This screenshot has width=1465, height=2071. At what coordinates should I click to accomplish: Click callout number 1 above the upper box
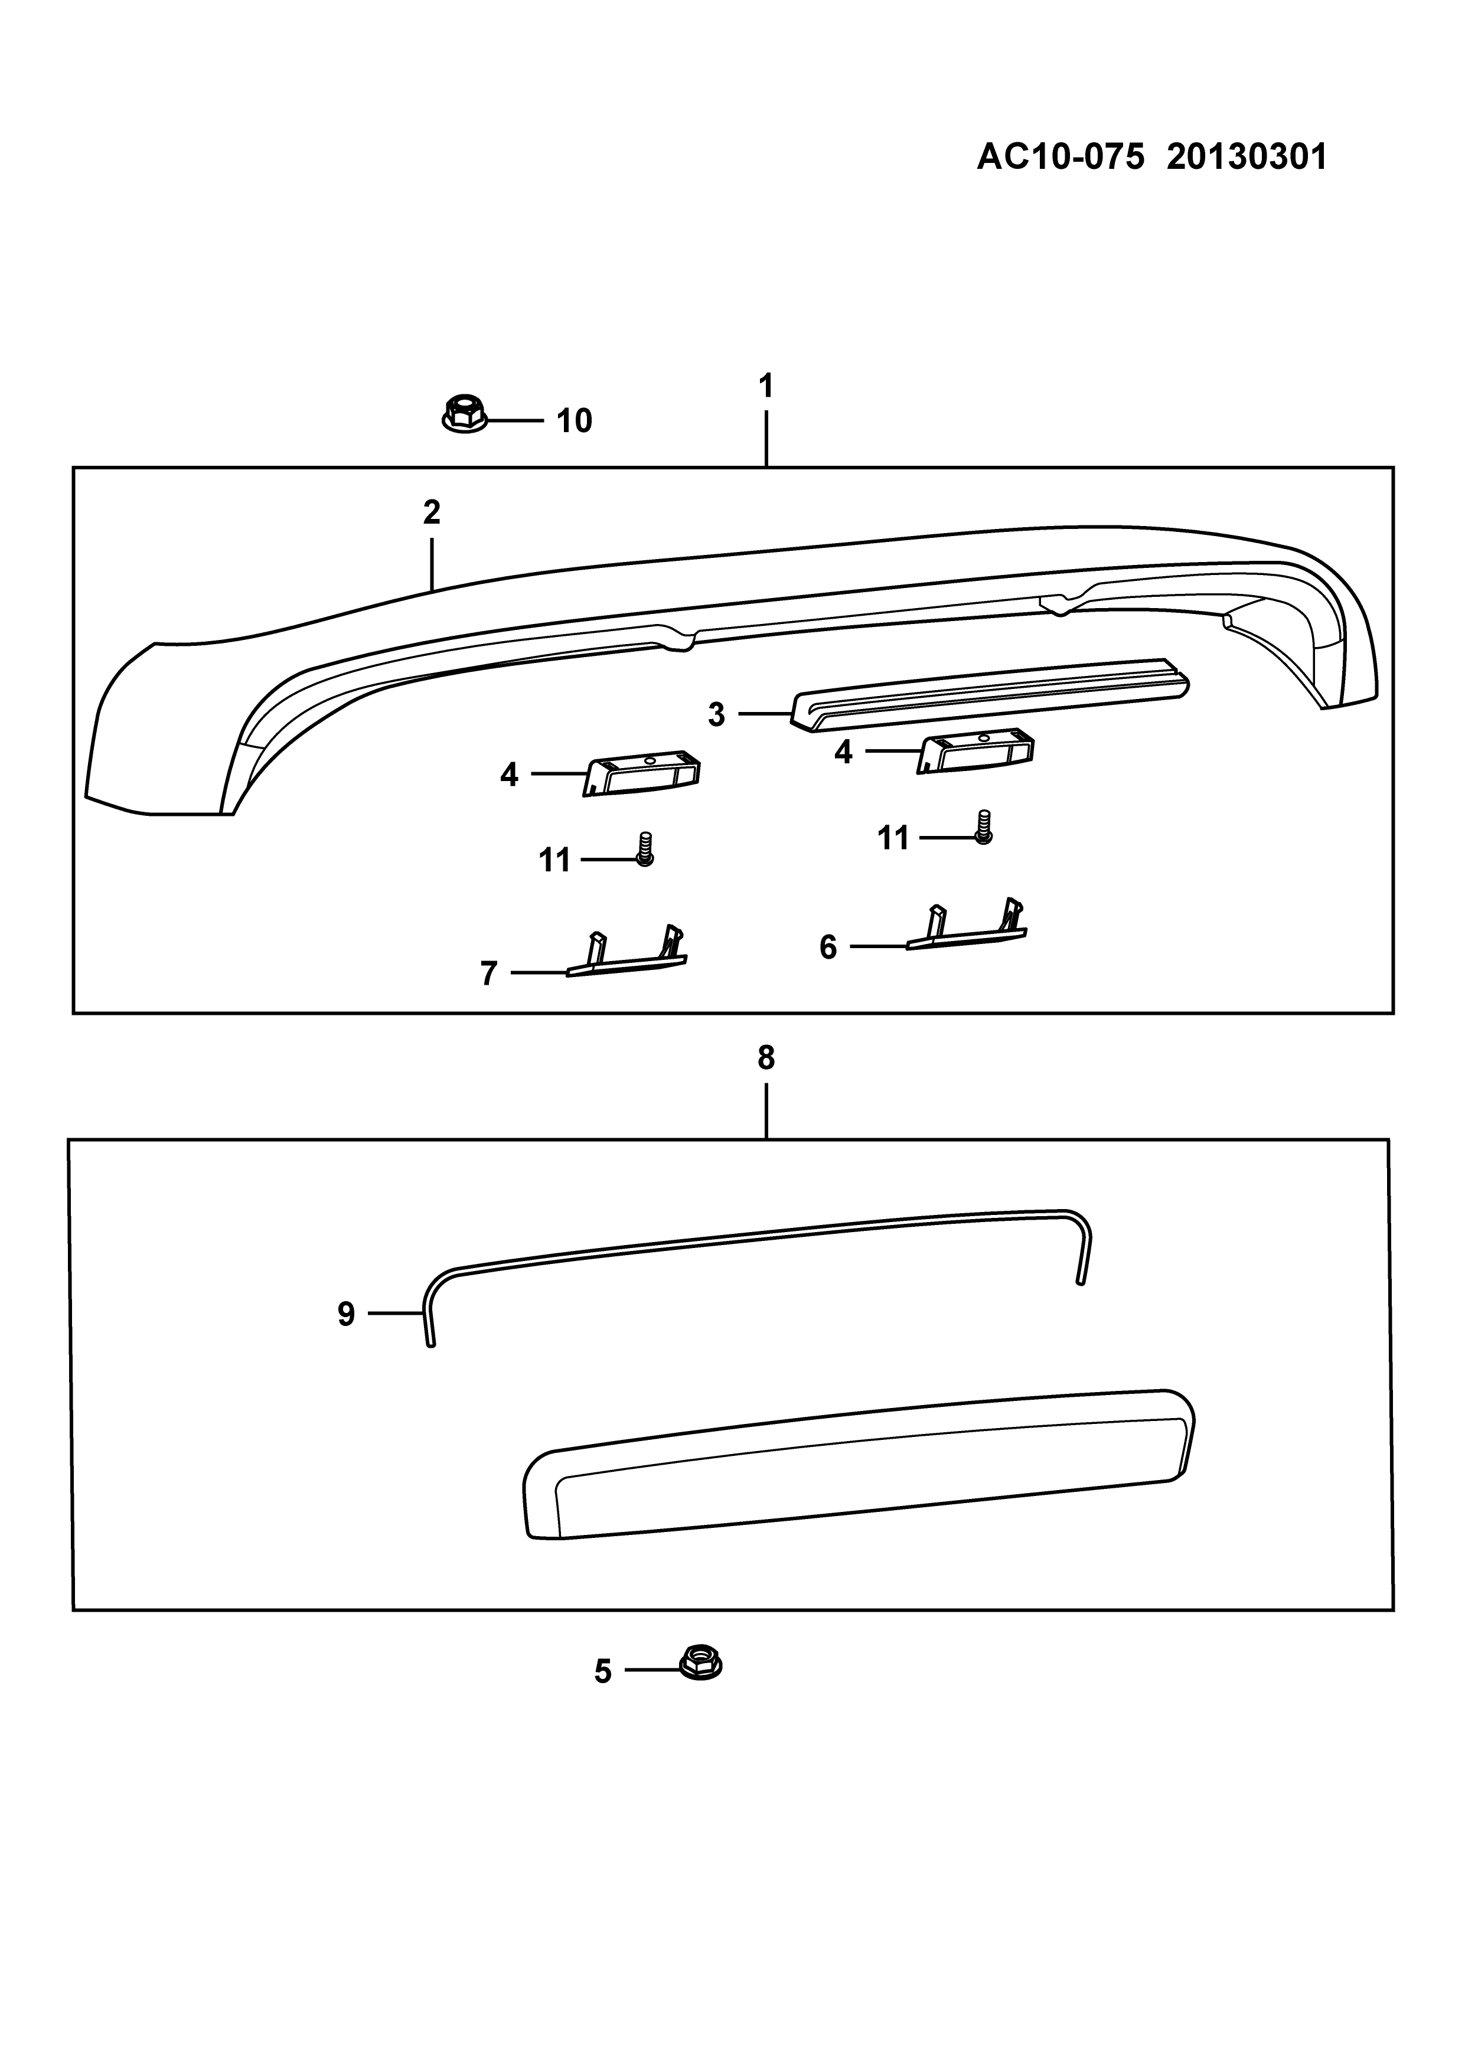point(766,387)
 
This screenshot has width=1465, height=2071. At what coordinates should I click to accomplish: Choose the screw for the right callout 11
point(983,827)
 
